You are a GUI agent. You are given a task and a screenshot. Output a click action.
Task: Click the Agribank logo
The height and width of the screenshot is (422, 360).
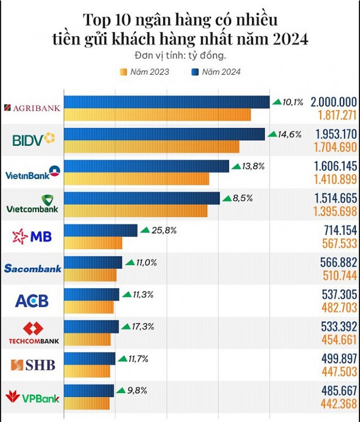32,108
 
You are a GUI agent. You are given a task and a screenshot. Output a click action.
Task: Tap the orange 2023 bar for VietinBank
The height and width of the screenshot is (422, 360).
136,179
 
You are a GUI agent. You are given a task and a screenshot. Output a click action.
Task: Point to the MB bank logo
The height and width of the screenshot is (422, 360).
32,236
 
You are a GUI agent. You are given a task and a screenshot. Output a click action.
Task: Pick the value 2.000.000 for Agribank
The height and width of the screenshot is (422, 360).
333,102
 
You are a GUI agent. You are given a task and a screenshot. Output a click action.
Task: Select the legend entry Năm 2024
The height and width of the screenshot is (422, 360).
216,72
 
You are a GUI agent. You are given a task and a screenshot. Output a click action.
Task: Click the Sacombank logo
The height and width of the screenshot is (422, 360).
33,269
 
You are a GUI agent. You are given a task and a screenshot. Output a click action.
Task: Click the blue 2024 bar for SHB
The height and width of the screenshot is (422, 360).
89,358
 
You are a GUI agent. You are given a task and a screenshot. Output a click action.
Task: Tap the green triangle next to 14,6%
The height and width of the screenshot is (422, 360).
272,134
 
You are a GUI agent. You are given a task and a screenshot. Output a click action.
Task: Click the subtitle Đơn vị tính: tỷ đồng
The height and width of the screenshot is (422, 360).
180,55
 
